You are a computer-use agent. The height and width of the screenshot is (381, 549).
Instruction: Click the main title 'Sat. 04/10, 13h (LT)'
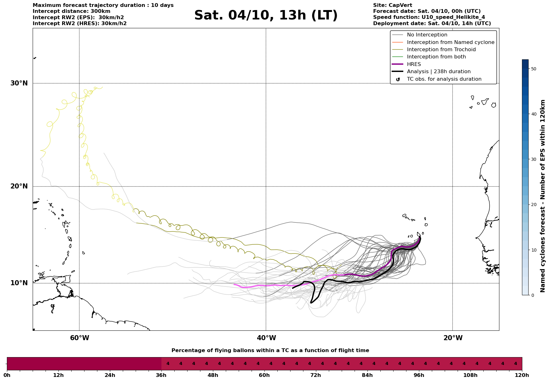pos(266,15)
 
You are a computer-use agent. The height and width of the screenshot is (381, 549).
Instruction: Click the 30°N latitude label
pos(19,83)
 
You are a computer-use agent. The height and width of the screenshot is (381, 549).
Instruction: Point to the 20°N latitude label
pos(19,186)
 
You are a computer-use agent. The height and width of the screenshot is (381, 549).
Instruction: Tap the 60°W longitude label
pos(79,338)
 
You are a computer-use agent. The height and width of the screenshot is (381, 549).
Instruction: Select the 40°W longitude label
pos(266,338)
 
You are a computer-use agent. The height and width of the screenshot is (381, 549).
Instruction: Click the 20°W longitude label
pos(453,338)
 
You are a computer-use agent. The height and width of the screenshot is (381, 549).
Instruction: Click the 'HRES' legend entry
pos(414,64)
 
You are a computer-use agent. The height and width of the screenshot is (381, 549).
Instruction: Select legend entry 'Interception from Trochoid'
pos(441,50)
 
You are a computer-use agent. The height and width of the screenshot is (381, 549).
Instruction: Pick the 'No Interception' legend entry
pos(427,35)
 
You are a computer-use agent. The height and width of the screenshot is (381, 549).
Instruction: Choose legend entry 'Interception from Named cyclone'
pos(450,42)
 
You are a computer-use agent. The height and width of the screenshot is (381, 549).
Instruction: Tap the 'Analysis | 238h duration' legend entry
pos(438,72)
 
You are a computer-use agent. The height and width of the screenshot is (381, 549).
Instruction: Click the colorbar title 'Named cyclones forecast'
pos(542,196)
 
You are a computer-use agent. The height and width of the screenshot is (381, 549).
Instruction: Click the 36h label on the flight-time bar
pos(161,375)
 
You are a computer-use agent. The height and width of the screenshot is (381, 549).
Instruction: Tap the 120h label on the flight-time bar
pos(522,375)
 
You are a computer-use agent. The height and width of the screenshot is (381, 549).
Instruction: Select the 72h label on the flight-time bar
pos(316,375)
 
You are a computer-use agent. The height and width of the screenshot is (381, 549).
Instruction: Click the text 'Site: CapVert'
pos(392,5)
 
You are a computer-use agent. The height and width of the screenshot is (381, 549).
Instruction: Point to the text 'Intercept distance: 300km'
pos(71,11)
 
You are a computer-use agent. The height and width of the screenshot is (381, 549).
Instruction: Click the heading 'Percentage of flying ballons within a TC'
pos(270,351)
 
